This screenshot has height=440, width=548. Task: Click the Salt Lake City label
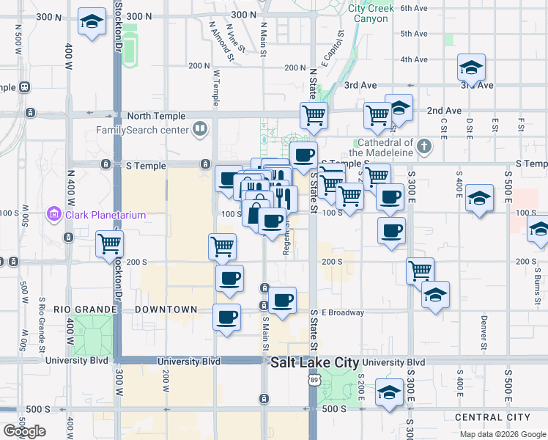click(315, 363)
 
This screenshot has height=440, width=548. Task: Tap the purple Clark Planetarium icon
click(53, 215)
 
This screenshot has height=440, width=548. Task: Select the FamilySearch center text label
click(143, 131)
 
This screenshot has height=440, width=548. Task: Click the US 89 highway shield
click(314, 380)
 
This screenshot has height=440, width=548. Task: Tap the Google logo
click(24, 431)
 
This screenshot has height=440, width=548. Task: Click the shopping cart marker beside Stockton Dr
click(110, 243)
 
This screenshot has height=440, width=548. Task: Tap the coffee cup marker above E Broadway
click(282, 299)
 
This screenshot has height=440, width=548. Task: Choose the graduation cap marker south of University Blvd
click(388, 392)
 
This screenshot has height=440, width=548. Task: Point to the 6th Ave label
click(414, 8)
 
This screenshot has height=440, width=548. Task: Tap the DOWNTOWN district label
click(166, 309)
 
